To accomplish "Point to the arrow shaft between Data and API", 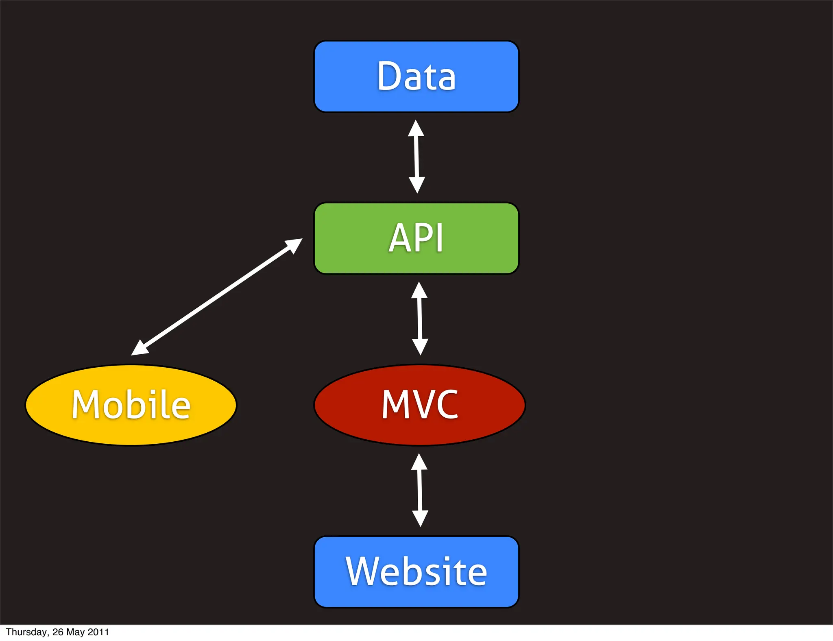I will pyautogui.click(x=416, y=157).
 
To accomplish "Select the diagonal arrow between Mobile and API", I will pyautogui.click(x=216, y=297).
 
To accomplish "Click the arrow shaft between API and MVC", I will pyautogui.click(x=420, y=318).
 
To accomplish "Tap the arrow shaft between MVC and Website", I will pyautogui.click(x=420, y=490).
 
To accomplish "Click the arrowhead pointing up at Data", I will pyautogui.click(x=416, y=129).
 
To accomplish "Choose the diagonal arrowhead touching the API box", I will pyautogui.click(x=294, y=245).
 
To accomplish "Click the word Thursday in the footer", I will pyautogui.click(x=27, y=632).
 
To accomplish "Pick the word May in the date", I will pyautogui.click(x=75, y=632).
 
